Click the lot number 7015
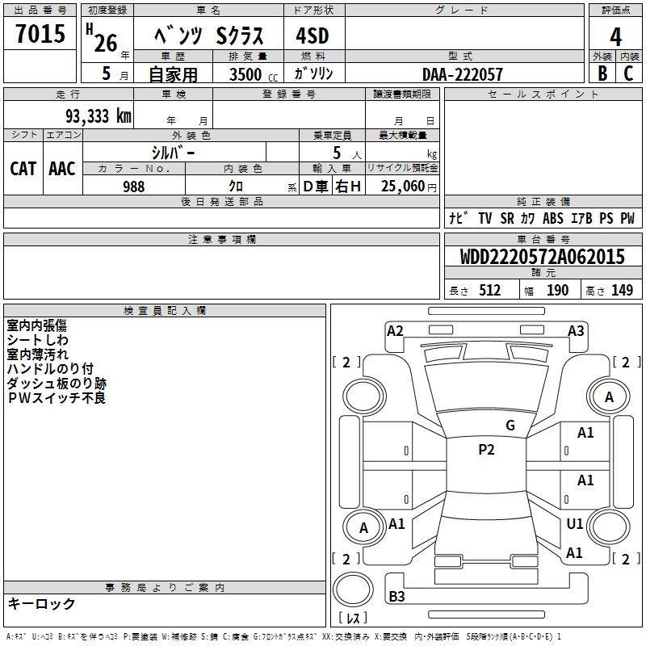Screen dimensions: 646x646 pyautogui.click(x=40, y=33)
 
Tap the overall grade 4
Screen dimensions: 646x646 pyautogui.click(x=615, y=36)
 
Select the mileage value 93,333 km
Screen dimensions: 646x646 pyautogui.click(x=99, y=115)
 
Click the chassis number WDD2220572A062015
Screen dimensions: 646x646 pyautogui.click(x=542, y=257)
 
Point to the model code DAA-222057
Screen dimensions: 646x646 pyautogui.click(x=463, y=74)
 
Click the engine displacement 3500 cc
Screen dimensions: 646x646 pyautogui.click(x=254, y=74)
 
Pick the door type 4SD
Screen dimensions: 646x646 pyautogui.click(x=313, y=36)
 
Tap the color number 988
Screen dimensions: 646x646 pyautogui.click(x=133, y=187)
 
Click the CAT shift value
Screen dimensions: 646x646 pyautogui.click(x=23, y=169)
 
